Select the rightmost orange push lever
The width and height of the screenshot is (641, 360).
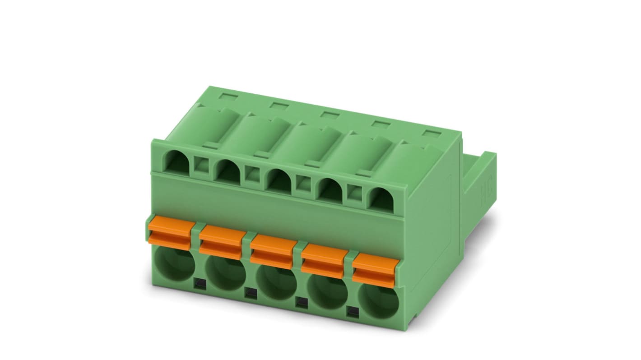[x=374, y=269]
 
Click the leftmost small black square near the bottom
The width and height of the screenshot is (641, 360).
[x=199, y=284]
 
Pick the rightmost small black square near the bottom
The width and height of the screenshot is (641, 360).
[x=352, y=311]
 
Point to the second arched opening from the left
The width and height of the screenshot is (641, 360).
[x=228, y=172]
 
